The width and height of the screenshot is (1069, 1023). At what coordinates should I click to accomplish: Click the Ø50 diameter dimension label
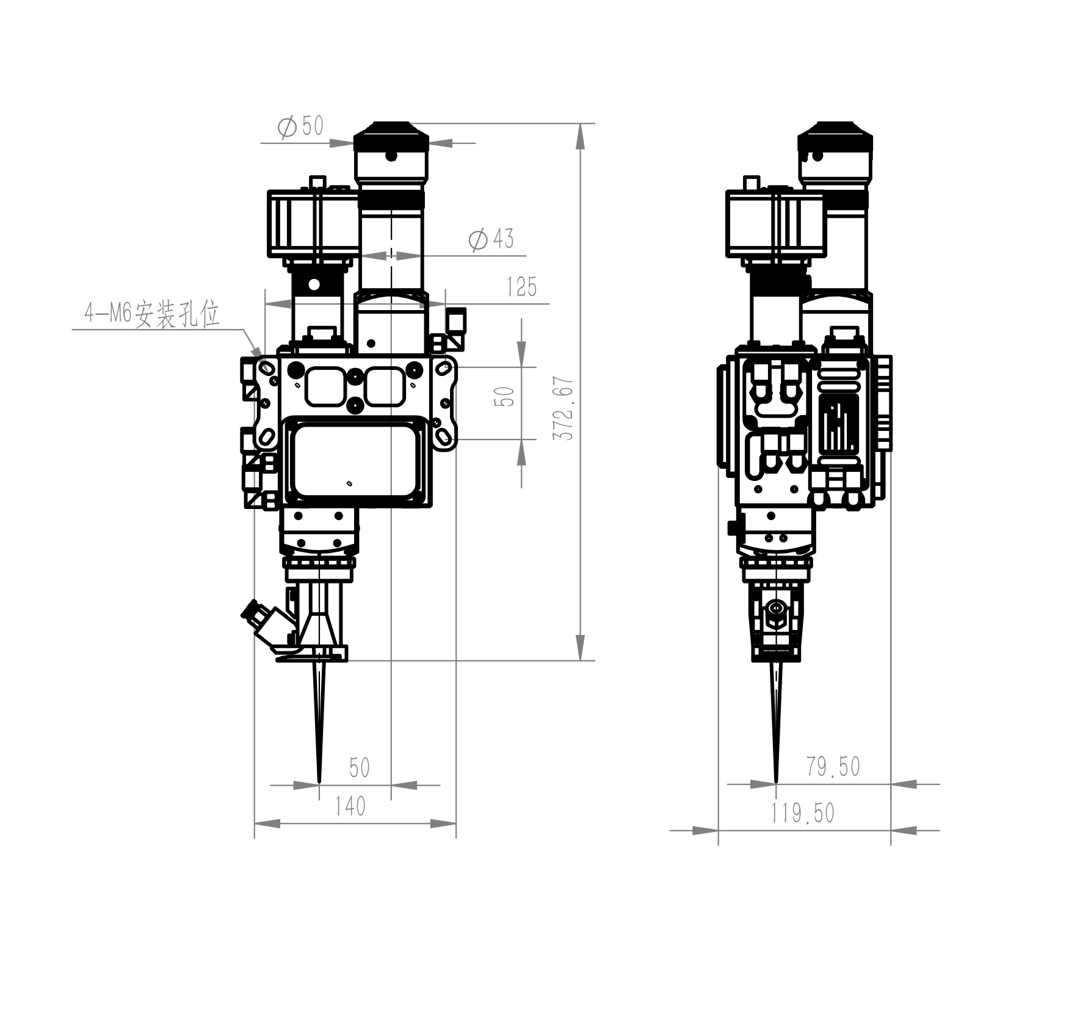point(300,127)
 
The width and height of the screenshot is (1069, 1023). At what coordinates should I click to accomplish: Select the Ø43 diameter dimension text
point(491,239)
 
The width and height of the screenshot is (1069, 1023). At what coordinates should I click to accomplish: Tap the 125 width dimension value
point(522,287)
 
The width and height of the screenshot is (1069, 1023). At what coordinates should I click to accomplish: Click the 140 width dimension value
point(350,806)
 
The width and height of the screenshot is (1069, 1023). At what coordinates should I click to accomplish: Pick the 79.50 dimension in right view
point(833,767)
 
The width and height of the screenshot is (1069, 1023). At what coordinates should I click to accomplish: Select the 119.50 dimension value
point(802,813)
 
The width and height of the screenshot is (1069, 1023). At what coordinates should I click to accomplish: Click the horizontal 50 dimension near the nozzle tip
point(360,767)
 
